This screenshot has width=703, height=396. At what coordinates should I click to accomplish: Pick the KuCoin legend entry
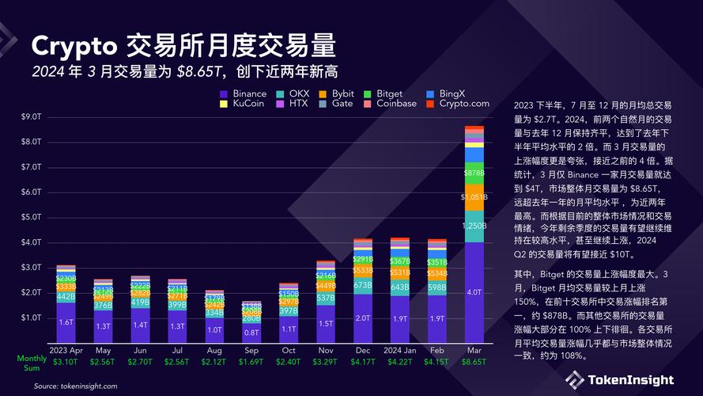point(244,103)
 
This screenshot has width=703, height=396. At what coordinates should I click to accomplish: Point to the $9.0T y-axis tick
point(31,116)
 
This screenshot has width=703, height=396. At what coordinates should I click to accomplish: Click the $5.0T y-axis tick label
point(31,217)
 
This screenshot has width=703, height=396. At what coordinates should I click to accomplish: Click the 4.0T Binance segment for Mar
point(474,292)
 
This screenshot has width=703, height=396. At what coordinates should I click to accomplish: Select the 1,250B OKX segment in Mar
point(474,226)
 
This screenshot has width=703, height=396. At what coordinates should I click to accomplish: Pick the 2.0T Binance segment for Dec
point(363,318)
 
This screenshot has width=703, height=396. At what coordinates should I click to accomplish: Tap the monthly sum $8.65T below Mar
point(474,362)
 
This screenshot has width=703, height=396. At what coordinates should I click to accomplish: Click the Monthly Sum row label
point(32,362)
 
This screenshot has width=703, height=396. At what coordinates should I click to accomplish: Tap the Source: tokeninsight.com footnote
point(75,386)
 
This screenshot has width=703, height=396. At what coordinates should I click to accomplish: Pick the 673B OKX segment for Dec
point(363,285)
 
